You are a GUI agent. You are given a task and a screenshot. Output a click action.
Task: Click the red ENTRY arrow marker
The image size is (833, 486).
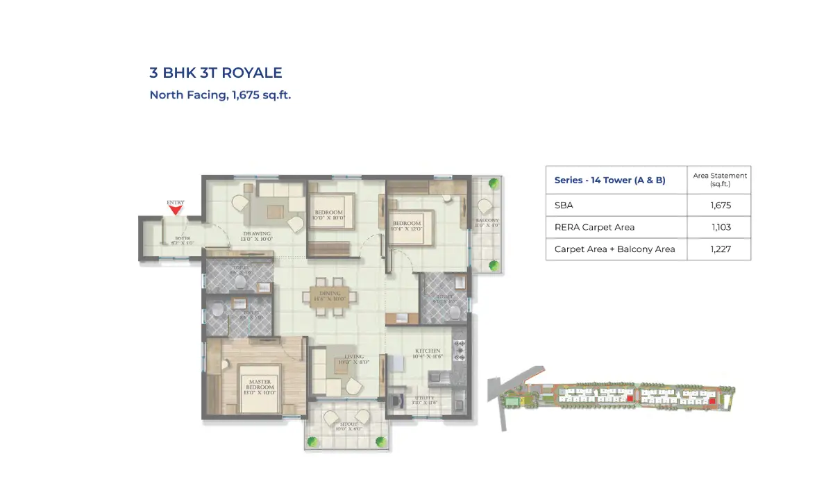click(176, 209)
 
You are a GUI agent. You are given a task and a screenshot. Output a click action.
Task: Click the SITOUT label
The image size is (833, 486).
click(348, 426)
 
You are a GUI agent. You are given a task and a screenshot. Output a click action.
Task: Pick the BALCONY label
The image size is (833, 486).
click(487, 223)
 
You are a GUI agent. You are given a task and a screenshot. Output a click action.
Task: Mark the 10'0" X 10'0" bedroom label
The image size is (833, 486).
click(328, 215)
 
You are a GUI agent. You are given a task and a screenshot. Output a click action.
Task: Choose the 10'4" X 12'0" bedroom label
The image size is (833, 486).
click(407, 226)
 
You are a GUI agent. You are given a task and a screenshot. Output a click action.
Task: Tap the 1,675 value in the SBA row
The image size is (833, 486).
click(721, 206)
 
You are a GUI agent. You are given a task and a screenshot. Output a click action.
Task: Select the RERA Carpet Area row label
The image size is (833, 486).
click(594, 227)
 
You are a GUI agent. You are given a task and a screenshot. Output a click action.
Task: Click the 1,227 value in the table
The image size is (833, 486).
click(721, 249)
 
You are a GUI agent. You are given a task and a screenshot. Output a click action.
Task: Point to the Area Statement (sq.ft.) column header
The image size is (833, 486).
click(720, 180)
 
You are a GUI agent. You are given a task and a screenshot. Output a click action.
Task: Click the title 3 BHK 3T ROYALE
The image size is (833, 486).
click(216, 73)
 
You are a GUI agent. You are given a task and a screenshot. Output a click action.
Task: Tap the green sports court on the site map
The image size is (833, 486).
click(512, 401)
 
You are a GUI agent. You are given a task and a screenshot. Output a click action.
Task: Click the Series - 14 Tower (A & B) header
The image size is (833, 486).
click(609, 180)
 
